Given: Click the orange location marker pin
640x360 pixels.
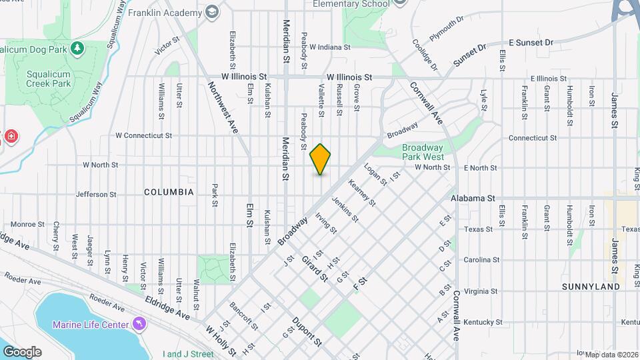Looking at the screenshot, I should click(321, 159).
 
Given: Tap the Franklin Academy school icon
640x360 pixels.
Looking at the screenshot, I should click(212, 13).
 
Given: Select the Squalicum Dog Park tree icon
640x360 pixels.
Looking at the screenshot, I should click(78, 48).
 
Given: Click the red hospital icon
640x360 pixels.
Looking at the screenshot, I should click(11, 137).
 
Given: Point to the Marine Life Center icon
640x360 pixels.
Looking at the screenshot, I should click(139, 324).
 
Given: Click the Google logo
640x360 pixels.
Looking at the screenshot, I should click(22, 351).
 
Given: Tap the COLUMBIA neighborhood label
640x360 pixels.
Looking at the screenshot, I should click(169, 192).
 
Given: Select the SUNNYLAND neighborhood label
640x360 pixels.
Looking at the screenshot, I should click(591, 287).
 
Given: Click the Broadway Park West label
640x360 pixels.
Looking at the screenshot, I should click(423, 152).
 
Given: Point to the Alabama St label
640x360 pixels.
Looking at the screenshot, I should click(472, 199).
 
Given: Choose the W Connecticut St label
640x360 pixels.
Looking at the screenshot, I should click(143, 135).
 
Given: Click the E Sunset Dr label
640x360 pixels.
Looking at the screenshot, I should click(531, 43).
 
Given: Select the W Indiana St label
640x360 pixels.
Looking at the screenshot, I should click(330, 47).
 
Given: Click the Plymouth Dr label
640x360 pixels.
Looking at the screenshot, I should click(446, 30).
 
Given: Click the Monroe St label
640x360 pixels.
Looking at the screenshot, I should click(27, 225).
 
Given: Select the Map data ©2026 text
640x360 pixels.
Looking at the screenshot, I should click(612, 354).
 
